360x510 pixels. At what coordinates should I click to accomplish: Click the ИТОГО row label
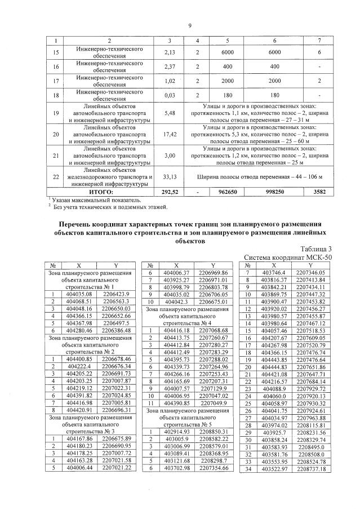(109, 192)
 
